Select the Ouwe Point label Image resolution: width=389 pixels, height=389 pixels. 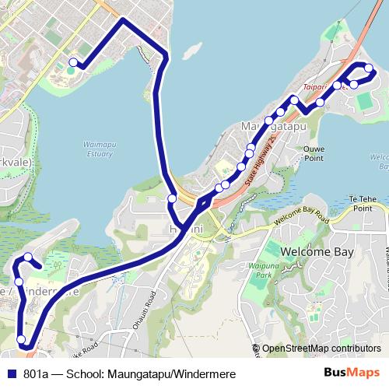314,152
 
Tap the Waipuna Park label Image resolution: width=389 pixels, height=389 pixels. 274,272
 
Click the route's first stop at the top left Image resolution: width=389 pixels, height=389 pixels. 73,63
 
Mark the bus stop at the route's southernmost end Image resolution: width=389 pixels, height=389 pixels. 22,339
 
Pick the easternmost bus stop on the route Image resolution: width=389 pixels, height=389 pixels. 368,69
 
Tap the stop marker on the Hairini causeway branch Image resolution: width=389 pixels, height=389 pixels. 172,199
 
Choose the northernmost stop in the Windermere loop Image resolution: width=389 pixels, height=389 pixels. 28,258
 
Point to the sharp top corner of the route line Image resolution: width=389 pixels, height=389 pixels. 122,19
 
